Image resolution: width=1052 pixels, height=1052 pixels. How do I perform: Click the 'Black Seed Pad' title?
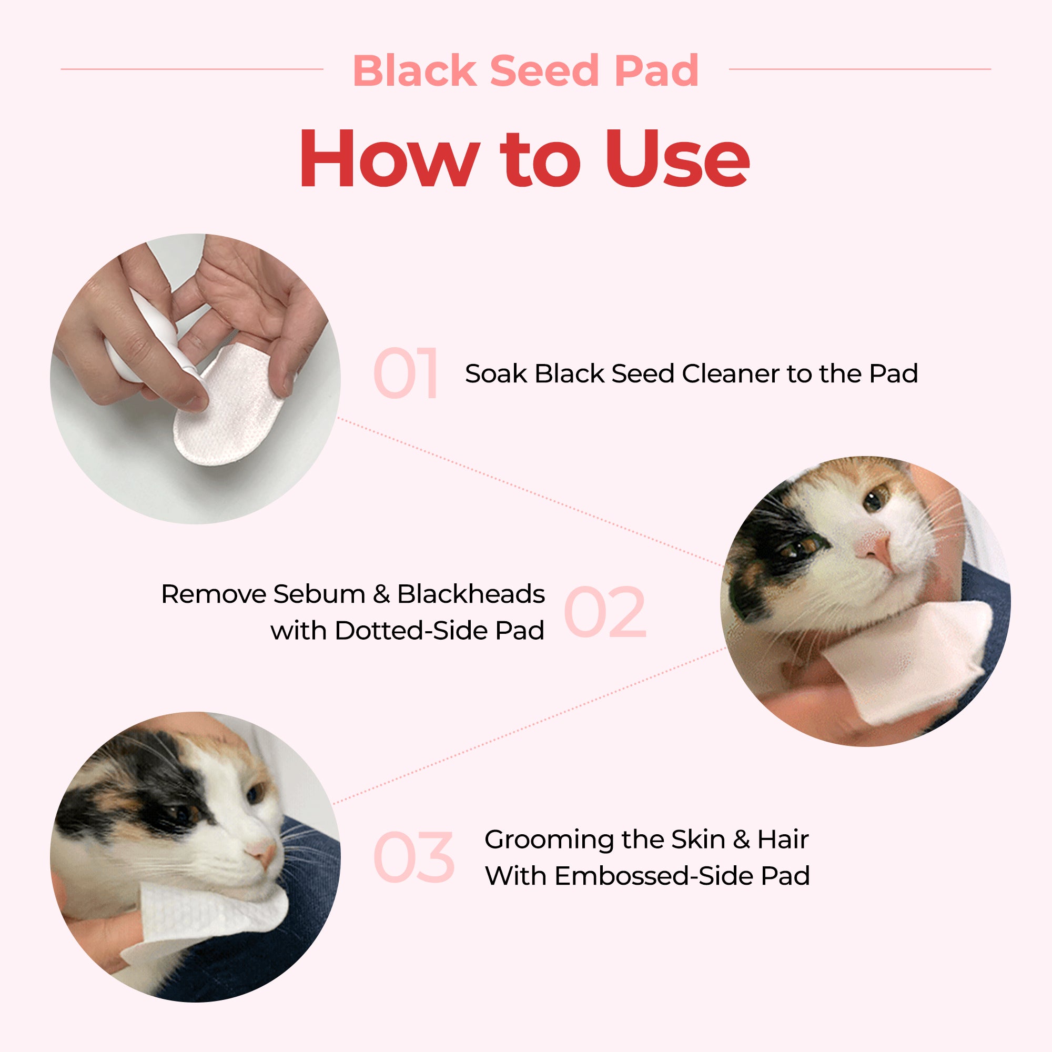click(x=526, y=70)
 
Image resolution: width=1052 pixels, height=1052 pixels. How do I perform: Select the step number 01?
click(x=406, y=373)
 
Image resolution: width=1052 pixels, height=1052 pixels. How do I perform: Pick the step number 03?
click(x=414, y=857)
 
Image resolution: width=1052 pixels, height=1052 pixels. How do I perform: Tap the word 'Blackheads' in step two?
click(x=471, y=593)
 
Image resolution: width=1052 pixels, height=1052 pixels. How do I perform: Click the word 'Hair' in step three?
click(x=783, y=839)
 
